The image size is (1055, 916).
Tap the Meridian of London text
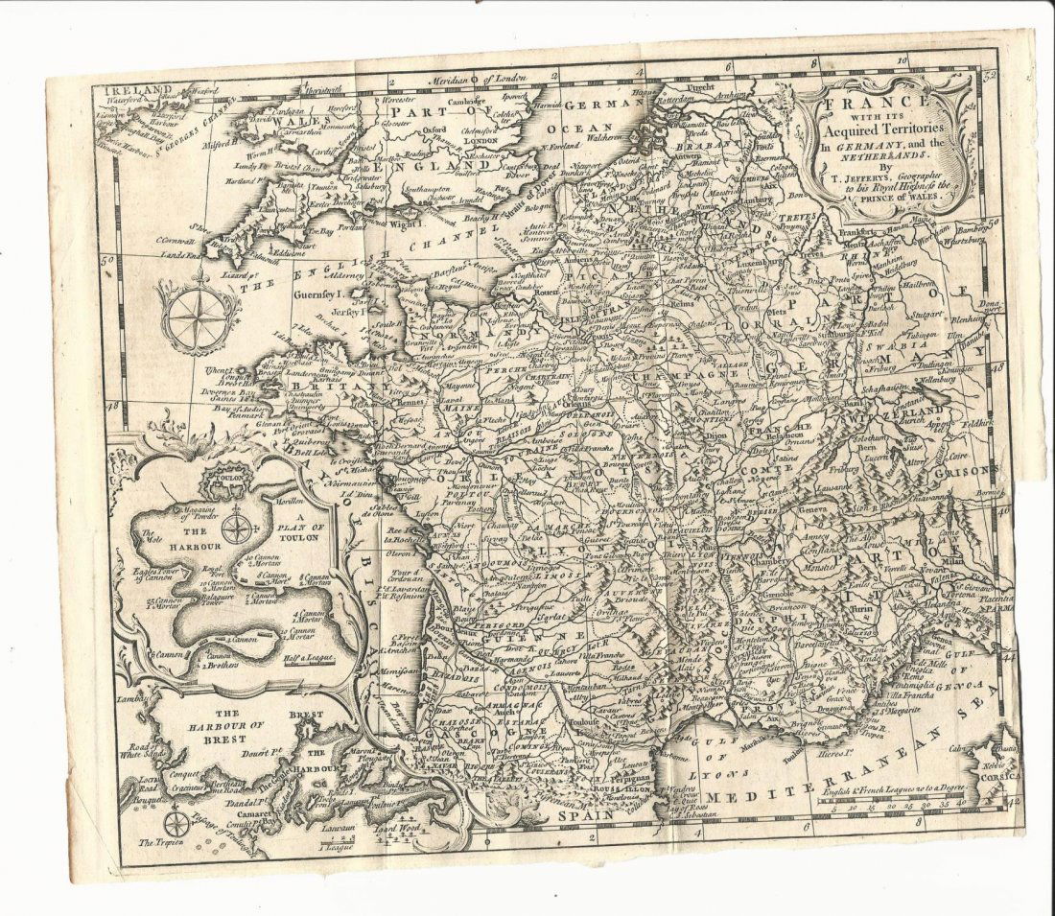[481, 81]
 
